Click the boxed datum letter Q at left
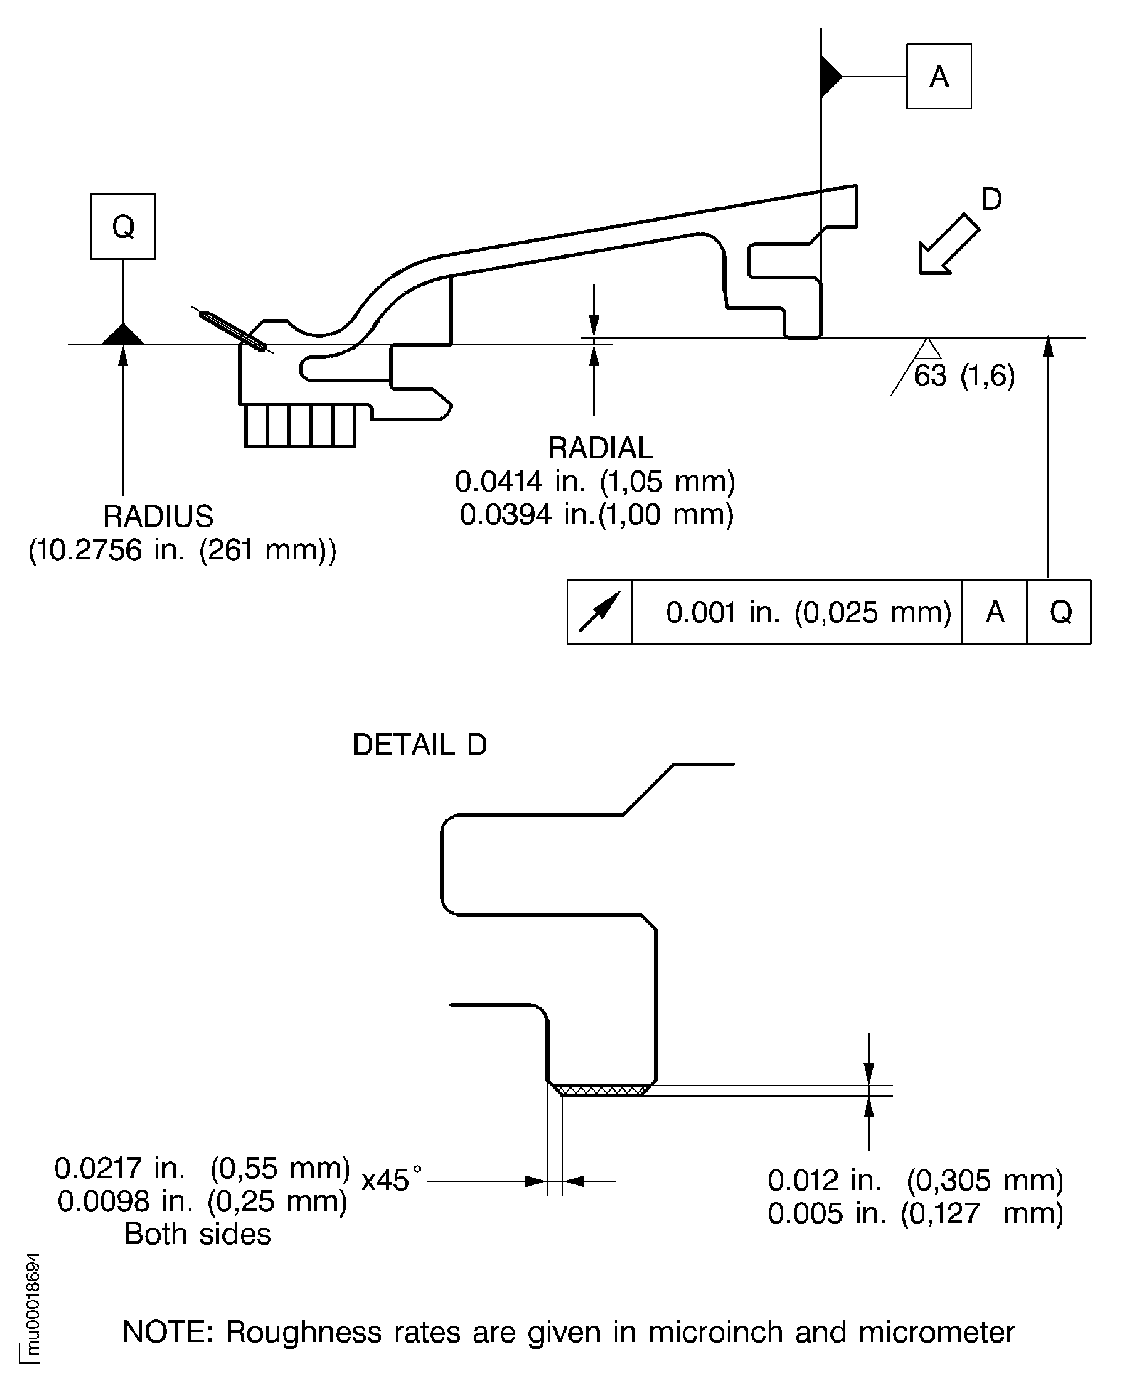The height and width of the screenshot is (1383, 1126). (122, 226)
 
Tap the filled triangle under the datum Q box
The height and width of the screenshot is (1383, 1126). (122, 335)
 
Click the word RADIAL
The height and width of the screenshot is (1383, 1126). (600, 448)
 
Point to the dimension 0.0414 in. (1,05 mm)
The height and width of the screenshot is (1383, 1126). (595, 481)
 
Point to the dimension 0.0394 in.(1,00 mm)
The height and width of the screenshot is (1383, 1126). (596, 514)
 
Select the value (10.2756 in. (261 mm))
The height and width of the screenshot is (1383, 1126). (182, 550)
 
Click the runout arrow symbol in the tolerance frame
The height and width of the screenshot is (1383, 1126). (599, 612)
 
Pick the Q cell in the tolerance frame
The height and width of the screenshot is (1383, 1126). (1060, 612)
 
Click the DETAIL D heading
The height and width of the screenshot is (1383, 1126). (419, 744)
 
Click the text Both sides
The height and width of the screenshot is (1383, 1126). (197, 1233)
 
